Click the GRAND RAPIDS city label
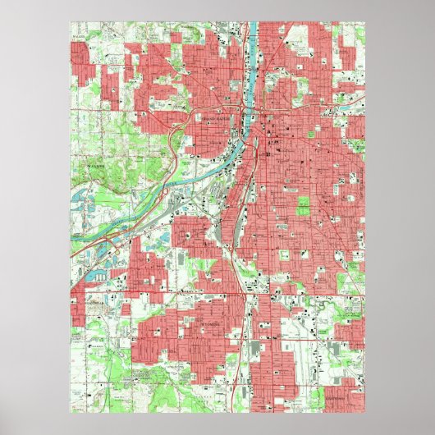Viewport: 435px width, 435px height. (217, 121)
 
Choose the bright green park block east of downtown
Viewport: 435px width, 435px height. (304, 205)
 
